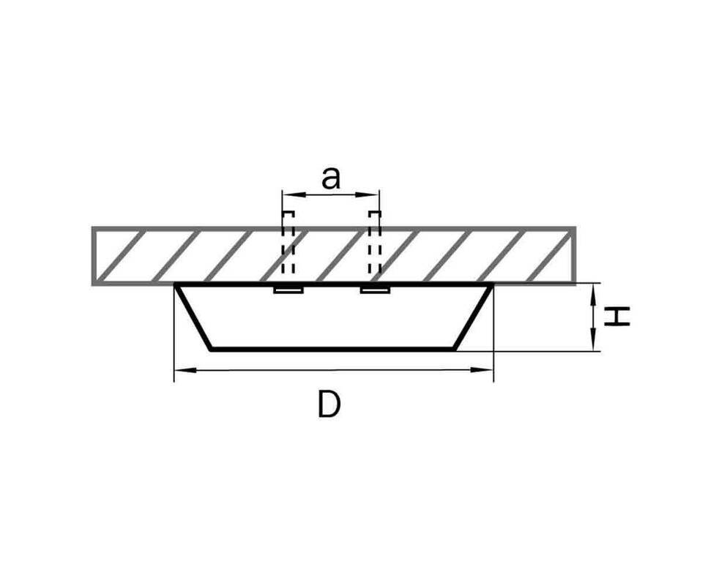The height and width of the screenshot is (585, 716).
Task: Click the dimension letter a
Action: (331, 178)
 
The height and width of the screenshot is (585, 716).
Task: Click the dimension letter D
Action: (329, 404)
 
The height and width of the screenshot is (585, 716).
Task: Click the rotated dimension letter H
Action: (617, 317)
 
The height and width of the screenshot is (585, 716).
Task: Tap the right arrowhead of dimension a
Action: (369, 195)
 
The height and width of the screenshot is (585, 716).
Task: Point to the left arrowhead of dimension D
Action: (185, 370)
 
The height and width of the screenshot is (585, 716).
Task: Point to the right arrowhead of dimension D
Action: (482, 370)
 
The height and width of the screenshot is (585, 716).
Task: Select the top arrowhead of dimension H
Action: (593, 294)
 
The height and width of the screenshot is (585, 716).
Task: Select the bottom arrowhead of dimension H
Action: (593, 340)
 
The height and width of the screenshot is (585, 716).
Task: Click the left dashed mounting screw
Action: (288, 242)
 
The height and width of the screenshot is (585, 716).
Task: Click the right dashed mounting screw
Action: (375, 242)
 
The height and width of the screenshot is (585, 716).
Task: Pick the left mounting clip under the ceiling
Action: (288, 290)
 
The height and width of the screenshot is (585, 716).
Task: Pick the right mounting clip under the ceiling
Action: (375, 290)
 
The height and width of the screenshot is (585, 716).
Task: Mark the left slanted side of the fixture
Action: (194, 317)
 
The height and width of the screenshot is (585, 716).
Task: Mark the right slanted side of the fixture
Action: (474, 317)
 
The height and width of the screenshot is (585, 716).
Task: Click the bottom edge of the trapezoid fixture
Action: (332, 350)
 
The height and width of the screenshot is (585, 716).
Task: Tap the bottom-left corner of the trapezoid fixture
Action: (211, 350)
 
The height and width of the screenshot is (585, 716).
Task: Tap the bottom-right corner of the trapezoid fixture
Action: (455, 350)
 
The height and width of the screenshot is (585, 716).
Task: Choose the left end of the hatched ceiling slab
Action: (94, 256)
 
